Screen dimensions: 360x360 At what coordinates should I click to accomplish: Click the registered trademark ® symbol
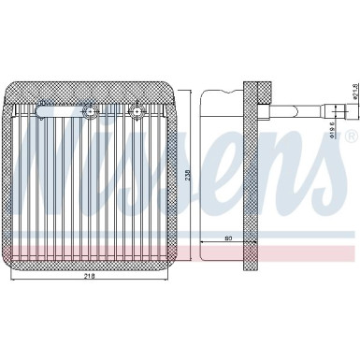351,136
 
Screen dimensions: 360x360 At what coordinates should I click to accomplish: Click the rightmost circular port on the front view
137,114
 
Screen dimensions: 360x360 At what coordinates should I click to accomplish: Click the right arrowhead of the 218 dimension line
175,283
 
